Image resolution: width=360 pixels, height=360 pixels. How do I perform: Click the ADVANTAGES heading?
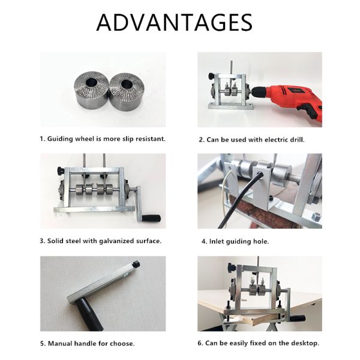coord(175,22)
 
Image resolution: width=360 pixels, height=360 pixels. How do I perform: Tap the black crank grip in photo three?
coord(151,218)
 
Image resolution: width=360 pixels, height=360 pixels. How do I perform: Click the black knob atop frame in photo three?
coord(61,171)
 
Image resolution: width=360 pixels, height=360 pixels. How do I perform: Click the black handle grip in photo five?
coord(88,315)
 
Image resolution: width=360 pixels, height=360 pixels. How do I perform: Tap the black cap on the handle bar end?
coord(136,263)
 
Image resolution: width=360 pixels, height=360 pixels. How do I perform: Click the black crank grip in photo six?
coord(298,319)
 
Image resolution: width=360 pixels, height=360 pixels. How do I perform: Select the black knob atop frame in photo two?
coord(212,76)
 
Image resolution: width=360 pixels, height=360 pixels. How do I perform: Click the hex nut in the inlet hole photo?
coord(316,216)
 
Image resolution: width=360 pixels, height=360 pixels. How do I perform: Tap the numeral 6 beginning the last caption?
coord(200,343)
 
